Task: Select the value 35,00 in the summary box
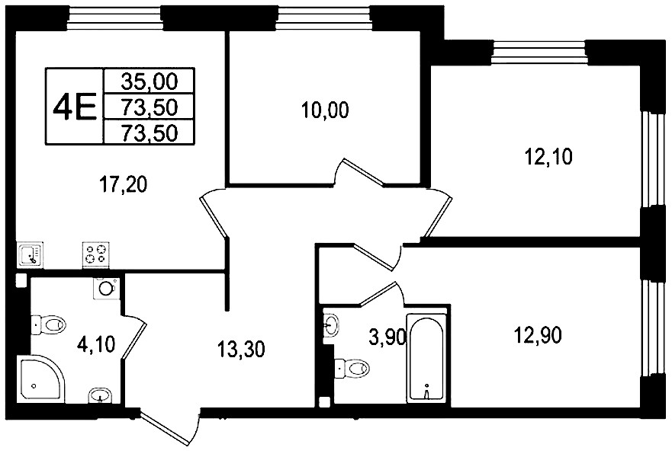[150, 81]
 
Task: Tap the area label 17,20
[123, 184]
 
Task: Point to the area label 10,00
[325, 110]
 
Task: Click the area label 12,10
[548, 157]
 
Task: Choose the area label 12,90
[538, 336]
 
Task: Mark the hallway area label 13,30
[241, 349]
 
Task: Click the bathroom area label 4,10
[96, 344]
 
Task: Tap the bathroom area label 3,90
[387, 338]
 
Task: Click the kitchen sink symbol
[30, 255]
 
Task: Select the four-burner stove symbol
[95, 255]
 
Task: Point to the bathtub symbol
[427, 358]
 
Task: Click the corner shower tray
[40, 379]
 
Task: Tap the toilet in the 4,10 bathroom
[48, 324]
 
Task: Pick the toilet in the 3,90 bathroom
[352, 367]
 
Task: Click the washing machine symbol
[106, 288]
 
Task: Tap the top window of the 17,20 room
[117, 19]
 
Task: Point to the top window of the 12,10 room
[539, 53]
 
